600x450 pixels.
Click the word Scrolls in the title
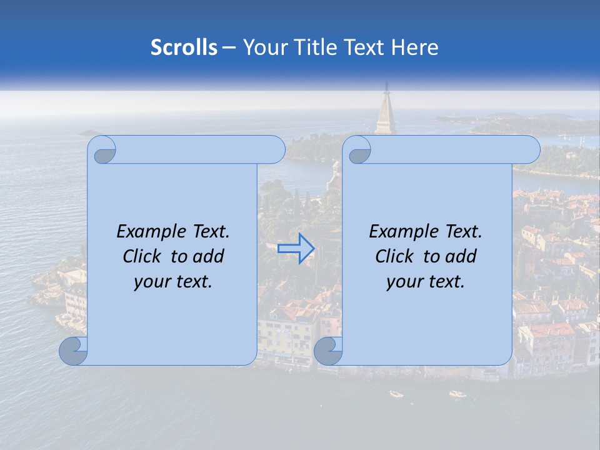pos(184,47)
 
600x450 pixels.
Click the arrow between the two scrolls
pos(296,249)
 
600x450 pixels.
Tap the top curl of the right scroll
pos(359,151)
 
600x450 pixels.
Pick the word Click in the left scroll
pos(142,256)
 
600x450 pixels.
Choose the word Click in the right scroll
pos(394,256)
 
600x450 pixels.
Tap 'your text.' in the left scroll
pos(173,282)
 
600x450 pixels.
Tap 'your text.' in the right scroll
pos(426,282)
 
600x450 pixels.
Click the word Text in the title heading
pos(363,47)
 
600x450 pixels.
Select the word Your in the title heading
pos(262,47)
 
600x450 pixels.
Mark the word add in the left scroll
pos(209,256)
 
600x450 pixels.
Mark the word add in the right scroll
pos(462,256)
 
